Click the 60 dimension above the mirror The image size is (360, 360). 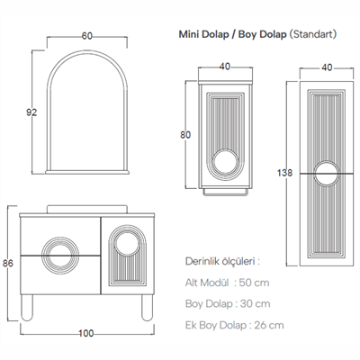(87, 37)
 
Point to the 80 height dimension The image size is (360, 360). (184, 136)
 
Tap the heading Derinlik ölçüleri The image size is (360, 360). (221, 262)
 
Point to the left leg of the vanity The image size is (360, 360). (32, 307)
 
